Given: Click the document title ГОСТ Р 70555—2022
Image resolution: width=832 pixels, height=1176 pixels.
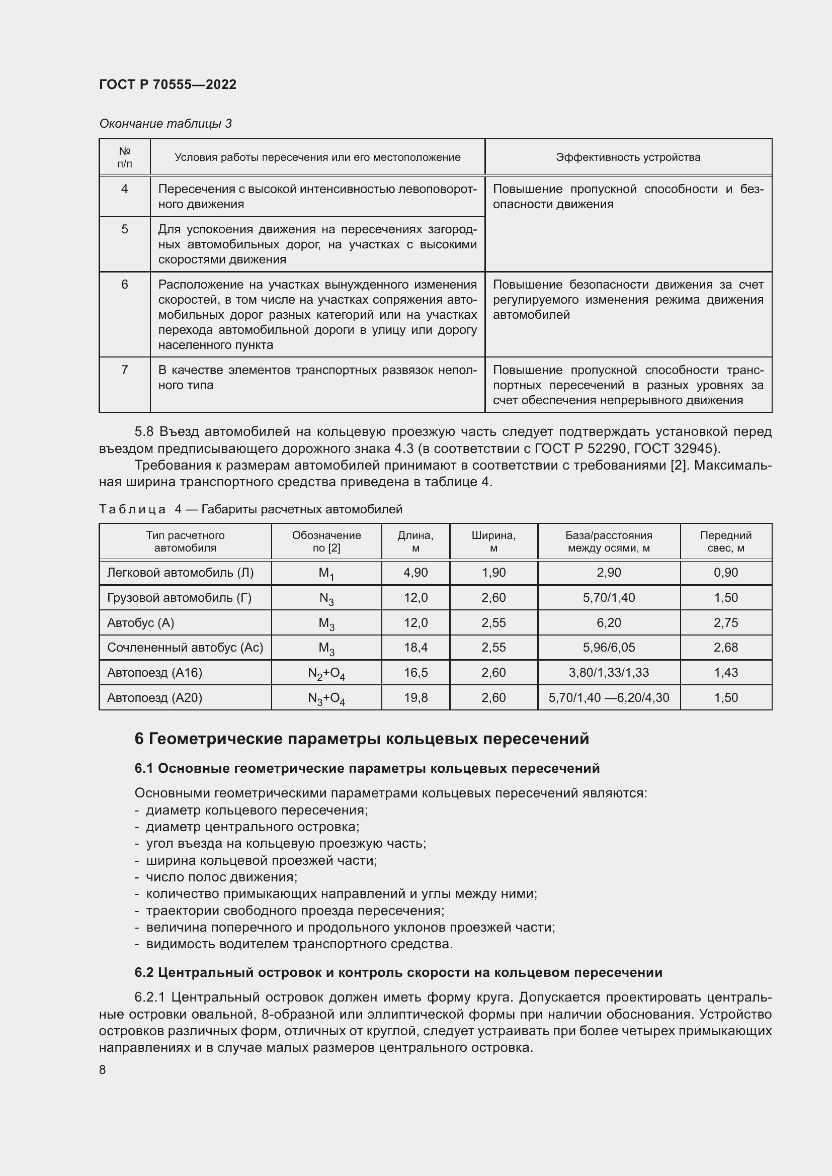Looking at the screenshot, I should [168, 84].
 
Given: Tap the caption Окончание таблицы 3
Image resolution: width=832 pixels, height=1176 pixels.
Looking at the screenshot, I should [165, 124].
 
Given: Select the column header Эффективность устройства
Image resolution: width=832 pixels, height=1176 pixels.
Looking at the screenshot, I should [628, 157].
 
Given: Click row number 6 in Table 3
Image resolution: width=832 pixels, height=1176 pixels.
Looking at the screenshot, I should [124, 284].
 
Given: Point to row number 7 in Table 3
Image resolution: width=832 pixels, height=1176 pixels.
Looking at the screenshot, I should [124, 370].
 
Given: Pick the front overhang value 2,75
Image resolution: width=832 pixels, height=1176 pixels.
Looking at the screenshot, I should [725, 622].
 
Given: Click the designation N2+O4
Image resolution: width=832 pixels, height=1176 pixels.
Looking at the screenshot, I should [326, 673].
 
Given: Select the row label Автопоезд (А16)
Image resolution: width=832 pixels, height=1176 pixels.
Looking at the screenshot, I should [154, 673].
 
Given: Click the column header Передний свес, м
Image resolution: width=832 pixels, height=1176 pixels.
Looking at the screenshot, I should [725, 541].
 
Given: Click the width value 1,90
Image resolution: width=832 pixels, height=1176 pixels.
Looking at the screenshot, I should [493, 572].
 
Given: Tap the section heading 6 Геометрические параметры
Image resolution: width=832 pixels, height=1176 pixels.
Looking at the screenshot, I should [361, 739].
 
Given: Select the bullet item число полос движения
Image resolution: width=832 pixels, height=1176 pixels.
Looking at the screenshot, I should [221, 877].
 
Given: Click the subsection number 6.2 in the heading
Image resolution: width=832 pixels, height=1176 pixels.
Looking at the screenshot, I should [144, 972].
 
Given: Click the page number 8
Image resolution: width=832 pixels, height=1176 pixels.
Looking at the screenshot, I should [103, 1069].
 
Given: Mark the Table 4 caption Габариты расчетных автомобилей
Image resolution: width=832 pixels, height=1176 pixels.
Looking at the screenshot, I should [302, 509].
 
